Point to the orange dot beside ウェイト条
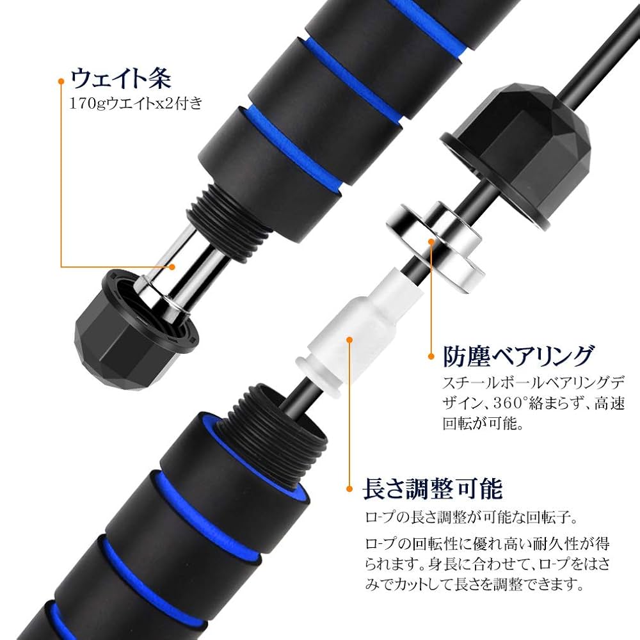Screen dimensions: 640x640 [x=61, y=81]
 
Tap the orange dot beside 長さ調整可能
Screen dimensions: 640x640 [x=349, y=489]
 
